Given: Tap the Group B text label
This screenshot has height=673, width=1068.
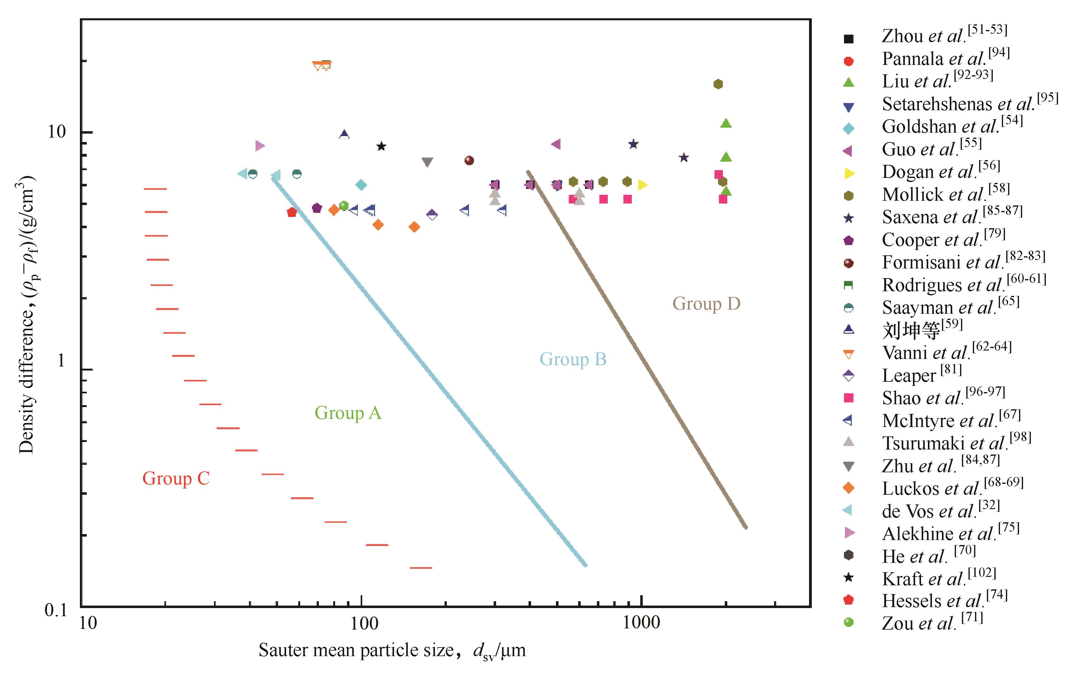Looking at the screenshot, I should click(x=573, y=359).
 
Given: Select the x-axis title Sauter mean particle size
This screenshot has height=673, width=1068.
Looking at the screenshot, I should click(x=392, y=651).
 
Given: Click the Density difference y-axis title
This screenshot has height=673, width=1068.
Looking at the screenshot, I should click(x=27, y=315).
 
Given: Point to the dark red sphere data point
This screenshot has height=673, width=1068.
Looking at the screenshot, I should click(x=469, y=160).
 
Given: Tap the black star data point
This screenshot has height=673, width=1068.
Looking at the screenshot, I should click(x=381, y=146).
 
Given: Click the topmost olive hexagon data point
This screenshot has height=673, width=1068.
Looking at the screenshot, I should click(x=718, y=84).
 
